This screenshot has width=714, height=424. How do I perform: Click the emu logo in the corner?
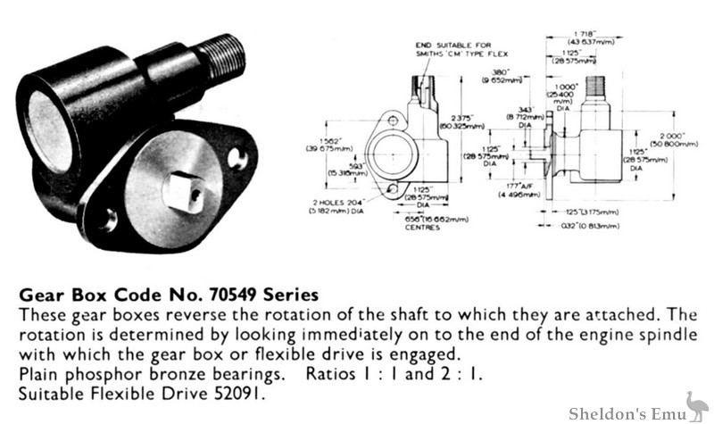coord(693,405)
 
